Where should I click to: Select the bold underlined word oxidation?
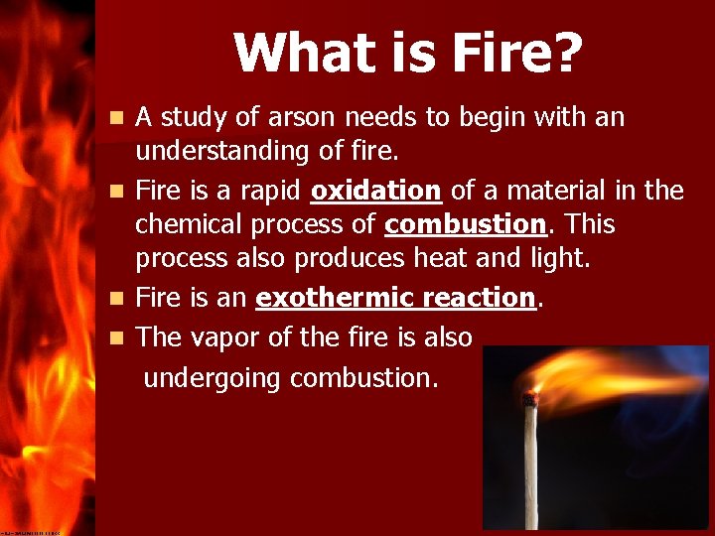pyautogui.click(x=375, y=190)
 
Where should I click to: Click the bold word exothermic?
pyautogui.click(x=333, y=297)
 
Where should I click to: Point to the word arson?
pyautogui.click(x=308, y=118)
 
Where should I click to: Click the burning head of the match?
pyautogui.click(x=531, y=398)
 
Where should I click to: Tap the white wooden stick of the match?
pyautogui.click(x=531, y=467)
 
